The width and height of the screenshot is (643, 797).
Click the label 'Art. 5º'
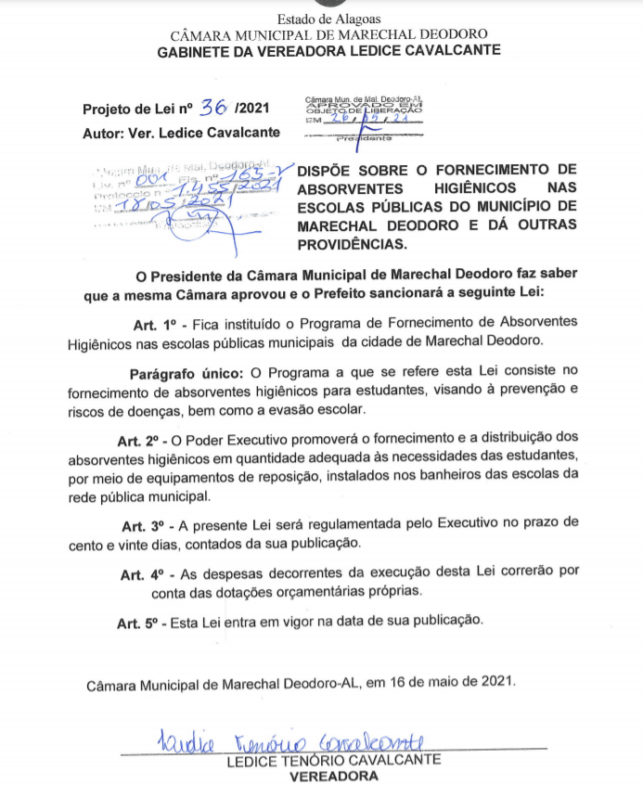pos(138,623)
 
